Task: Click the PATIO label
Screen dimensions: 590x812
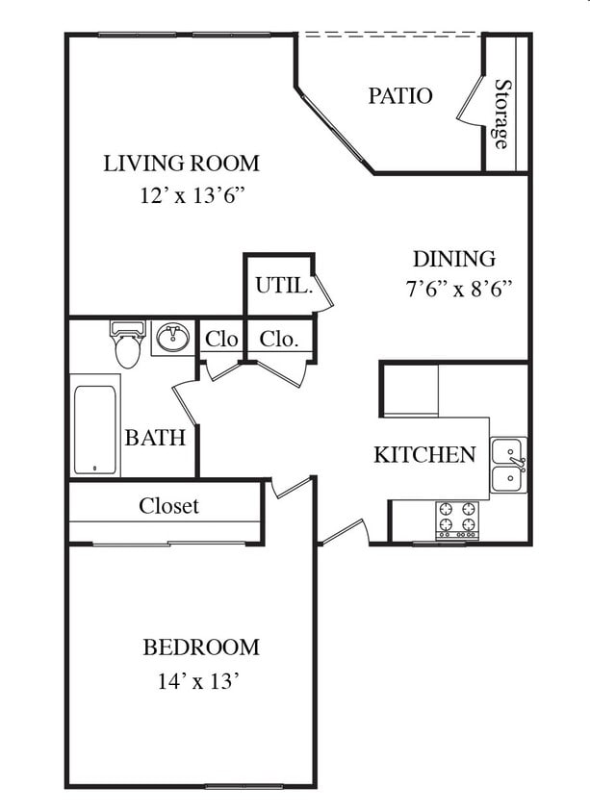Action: click(399, 96)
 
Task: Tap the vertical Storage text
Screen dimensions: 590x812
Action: click(500, 114)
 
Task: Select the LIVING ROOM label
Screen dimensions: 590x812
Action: click(181, 164)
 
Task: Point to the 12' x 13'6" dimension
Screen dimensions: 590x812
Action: click(192, 195)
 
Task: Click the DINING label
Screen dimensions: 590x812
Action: click(453, 259)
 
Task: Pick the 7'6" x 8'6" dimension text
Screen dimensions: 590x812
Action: click(458, 289)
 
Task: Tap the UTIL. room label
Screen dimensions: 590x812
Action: click(284, 285)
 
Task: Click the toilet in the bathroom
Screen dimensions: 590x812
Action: click(127, 344)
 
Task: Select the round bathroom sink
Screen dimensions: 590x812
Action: click(173, 338)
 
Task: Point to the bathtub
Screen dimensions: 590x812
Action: click(94, 430)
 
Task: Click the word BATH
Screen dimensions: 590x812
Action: click(155, 438)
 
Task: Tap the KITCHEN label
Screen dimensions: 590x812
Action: click(424, 454)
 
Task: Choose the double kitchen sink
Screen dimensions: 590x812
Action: click(509, 465)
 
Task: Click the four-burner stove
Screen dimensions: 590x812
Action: click(457, 520)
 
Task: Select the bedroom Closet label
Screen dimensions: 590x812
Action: click(168, 505)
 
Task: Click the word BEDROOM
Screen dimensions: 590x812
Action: click(201, 647)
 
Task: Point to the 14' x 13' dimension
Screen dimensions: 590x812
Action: click(198, 681)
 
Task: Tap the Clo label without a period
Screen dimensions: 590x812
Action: click(221, 340)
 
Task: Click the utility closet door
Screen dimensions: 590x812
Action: click(322, 292)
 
